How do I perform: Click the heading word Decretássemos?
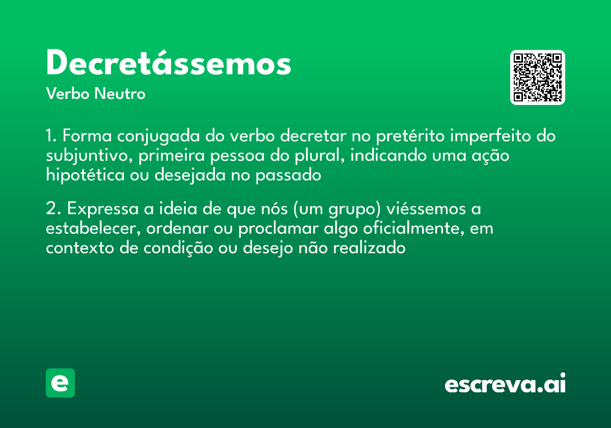pos(169,64)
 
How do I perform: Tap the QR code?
pos(537,77)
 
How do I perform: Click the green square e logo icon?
pos(60,383)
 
